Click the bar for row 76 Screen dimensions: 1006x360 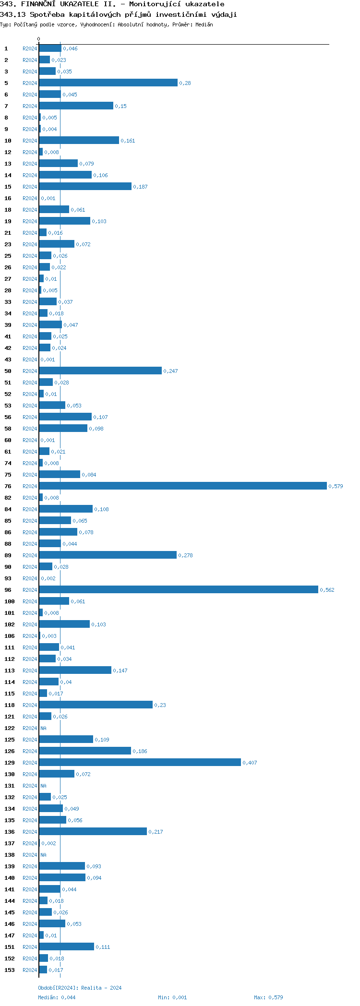click(182, 486)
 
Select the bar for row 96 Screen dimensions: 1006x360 click(178, 589)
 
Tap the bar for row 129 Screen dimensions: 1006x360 click(140, 762)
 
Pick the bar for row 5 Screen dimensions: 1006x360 click(108, 83)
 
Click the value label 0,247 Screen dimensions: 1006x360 click(170, 371)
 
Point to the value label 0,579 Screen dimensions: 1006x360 click(336, 486)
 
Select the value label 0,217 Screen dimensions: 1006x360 click(156, 832)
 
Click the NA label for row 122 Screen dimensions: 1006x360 click(43, 728)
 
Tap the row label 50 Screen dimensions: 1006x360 click(8, 371)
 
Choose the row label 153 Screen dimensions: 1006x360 click(10, 970)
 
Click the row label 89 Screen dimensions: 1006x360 click(8, 555)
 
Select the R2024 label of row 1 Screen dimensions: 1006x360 click(30, 48)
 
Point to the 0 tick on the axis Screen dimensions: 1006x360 click(39, 39)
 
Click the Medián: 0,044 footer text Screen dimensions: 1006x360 click(57, 997)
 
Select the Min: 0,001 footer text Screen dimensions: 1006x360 click(172, 997)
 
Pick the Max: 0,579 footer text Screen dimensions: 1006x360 click(268, 997)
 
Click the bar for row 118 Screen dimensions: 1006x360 click(96, 705)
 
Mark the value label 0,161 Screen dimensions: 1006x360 click(128, 141)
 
